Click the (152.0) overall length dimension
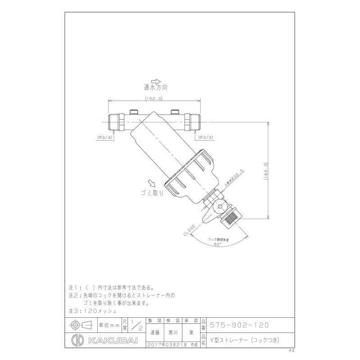[x=154, y=98]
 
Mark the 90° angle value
[x=218, y=244]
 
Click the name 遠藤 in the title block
[x=154, y=333]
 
